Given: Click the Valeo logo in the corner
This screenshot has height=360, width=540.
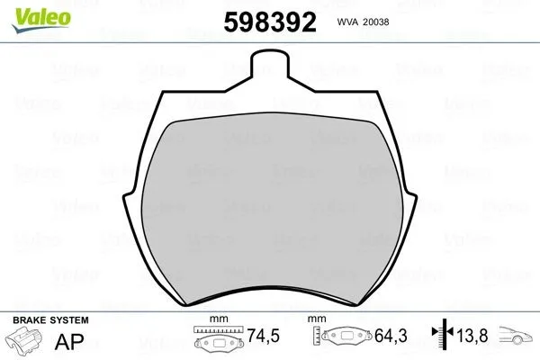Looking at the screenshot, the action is (x=41, y=20).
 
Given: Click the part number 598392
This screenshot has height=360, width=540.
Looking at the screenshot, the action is (x=270, y=22).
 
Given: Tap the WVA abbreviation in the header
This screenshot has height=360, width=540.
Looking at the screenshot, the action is (x=347, y=22).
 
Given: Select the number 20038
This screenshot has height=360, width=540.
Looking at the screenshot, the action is (x=376, y=22).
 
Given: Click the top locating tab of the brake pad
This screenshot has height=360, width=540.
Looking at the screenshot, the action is (x=270, y=64).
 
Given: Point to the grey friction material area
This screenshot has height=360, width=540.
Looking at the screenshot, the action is (x=272, y=207).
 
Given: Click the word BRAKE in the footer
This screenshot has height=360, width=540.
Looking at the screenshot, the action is (x=30, y=320).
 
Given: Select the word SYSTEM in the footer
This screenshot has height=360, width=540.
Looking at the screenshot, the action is (x=69, y=320).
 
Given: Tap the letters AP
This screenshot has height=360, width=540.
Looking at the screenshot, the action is (x=69, y=341).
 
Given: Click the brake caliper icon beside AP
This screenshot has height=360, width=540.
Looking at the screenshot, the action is (x=24, y=339).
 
